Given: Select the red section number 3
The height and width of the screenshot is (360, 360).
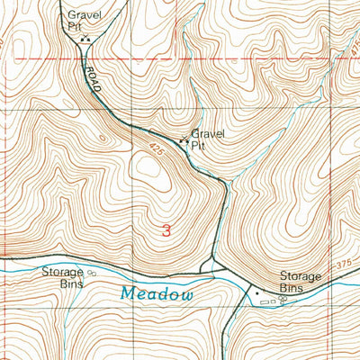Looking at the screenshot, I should tap(166, 230).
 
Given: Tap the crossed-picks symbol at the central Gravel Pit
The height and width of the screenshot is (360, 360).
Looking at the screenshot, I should tap(184, 140).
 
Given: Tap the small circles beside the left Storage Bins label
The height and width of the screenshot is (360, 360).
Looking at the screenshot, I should tap(91, 272).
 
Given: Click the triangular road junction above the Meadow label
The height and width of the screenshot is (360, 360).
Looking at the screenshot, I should tap(212, 267).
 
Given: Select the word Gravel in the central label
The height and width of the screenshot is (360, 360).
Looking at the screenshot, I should tap(208, 133).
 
